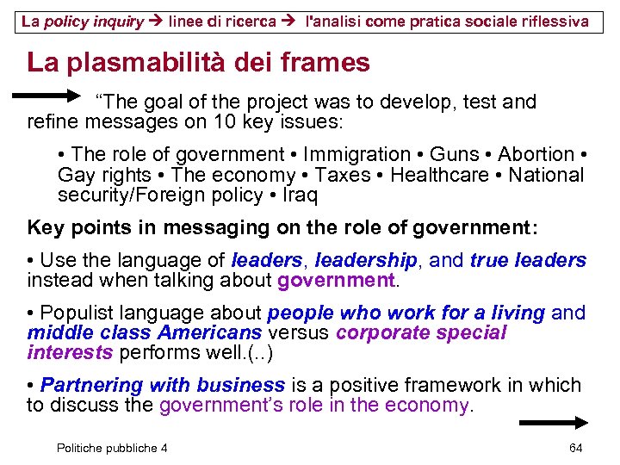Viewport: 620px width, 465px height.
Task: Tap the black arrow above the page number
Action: [x=553, y=423]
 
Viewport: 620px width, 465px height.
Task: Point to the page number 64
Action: [x=576, y=448]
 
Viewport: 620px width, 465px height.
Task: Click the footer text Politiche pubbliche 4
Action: [x=112, y=448]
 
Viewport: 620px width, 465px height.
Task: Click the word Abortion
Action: [x=536, y=155]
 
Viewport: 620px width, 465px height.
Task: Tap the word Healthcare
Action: [x=439, y=175]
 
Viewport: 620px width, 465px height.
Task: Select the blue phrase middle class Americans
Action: [x=145, y=333]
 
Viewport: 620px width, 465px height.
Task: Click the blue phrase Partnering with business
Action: [x=163, y=385]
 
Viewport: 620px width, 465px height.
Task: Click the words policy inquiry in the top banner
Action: [x=95, y=21]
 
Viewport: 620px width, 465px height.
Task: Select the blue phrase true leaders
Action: [x=528, y=260]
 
